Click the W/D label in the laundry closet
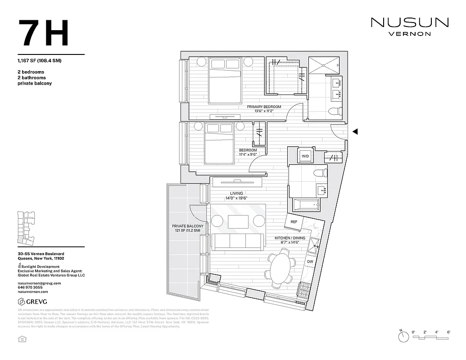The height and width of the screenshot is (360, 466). click(x=305, y=156)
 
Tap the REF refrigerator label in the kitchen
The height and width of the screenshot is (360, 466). click(x=294, y=222)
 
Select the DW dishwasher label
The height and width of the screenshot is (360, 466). click(x=310, y=261)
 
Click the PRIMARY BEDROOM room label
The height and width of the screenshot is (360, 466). click(x=264, y=107)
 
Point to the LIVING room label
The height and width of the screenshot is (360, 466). click(x=236, y=193)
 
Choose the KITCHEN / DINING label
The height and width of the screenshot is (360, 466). click(x=290, y=238)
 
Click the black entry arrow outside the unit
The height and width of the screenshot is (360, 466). click(x=355, y=131)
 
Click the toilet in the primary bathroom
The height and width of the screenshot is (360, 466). click(x=334, y=112)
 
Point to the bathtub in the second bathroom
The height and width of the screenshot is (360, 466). click(x=306, y=205)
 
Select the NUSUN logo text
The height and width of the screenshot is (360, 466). click(x=410, y=22)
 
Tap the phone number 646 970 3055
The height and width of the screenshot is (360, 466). click(x=30, y=287)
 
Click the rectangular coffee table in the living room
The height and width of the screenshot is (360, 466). click(x=238, y=221)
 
